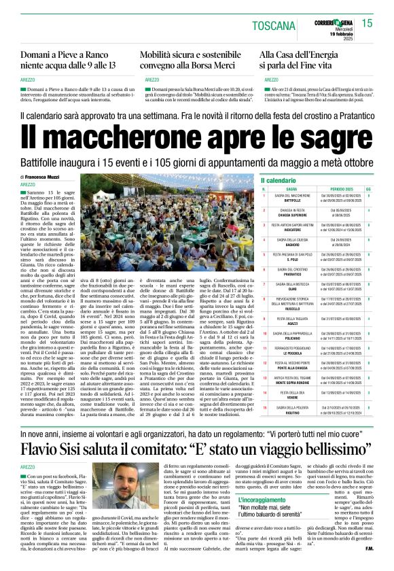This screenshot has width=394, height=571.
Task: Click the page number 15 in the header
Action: pyautogui.click(x=367, y=23)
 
